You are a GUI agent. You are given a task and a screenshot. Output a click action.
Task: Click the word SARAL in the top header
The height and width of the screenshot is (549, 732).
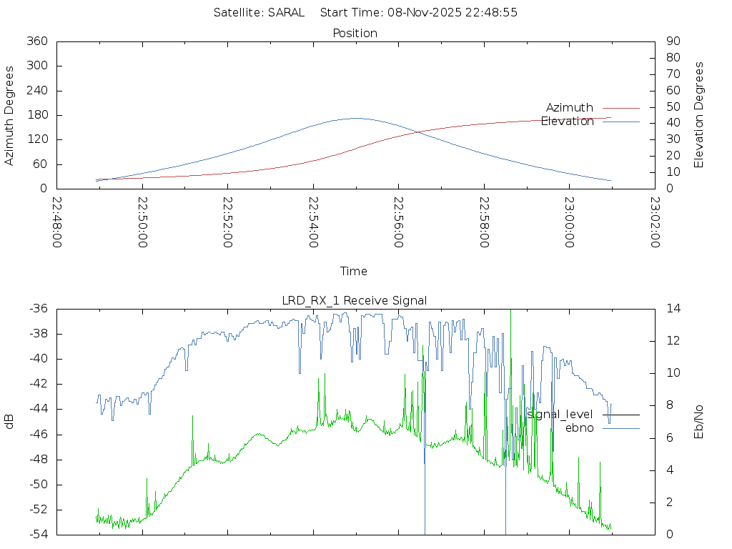pos(285,12)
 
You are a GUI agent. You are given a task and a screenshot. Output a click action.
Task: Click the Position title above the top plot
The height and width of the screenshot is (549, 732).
pos(355,33)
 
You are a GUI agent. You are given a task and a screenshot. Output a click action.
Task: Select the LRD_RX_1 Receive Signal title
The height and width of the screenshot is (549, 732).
pos(355,300)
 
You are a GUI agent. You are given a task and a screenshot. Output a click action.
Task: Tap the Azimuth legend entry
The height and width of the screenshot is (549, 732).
pos(570,108)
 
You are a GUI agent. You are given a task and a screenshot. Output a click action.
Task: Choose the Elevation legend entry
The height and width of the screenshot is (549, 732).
pos(568,122)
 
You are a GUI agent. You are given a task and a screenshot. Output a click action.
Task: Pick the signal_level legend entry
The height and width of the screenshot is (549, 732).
pos(560,415)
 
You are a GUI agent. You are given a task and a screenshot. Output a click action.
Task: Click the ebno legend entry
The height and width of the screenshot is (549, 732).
pos(579,428)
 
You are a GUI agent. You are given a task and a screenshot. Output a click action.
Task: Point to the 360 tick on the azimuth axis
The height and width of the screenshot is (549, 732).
pos(36,41)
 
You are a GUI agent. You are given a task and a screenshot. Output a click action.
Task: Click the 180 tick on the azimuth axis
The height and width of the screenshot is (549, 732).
pos(36,115)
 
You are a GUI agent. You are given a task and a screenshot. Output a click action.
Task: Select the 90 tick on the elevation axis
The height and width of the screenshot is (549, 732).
pos(672,41)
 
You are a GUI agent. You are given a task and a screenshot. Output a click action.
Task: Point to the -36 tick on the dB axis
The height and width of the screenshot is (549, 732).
pos(38,309)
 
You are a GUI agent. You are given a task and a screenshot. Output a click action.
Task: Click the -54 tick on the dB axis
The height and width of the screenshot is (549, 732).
pos(38,534)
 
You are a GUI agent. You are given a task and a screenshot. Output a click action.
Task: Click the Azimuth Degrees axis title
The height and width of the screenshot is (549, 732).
pos(10,115)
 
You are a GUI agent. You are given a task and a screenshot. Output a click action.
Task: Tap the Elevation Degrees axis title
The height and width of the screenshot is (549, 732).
pos(699,115)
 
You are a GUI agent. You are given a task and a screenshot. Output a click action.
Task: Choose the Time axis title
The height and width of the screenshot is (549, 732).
pos(354,272)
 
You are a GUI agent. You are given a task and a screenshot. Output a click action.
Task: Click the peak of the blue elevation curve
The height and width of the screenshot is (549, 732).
pos(356,118)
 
